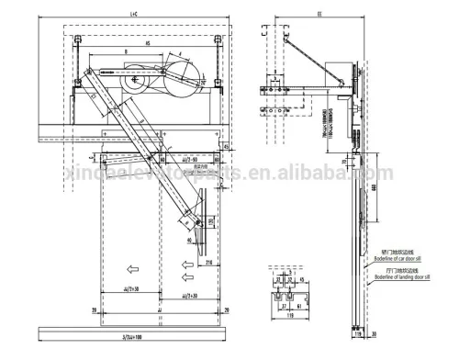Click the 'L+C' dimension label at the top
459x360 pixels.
coord(133,15)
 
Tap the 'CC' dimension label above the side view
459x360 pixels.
coord(319,15)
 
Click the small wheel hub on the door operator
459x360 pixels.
coord(136,80)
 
